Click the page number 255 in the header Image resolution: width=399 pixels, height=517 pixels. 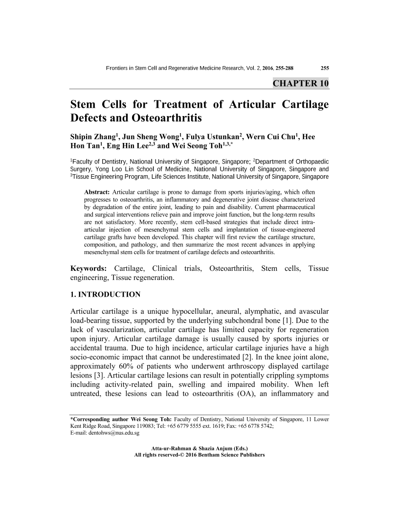324,68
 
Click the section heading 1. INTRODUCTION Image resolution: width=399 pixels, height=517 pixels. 106,294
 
